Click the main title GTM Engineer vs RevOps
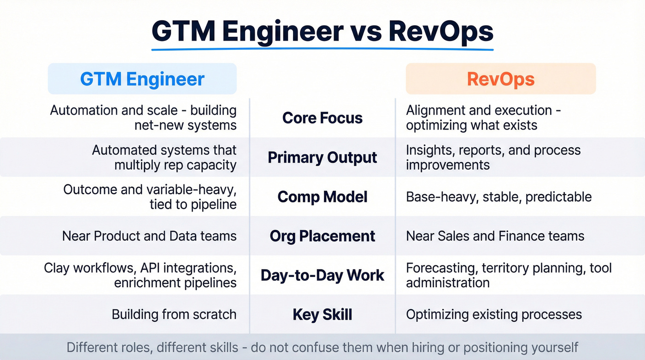(x=322, y=31)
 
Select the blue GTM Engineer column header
(x=142, y=79)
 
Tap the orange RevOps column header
(x=500, y=79)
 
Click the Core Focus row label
(x=322, y=118)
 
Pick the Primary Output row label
(x=322, y=158)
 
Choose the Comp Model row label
(x=322, y=197)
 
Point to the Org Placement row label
(x=322, y=236)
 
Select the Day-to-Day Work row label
(x=322, y=276)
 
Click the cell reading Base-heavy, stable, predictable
(x=498, y=197)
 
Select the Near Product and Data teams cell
(x=149, y=236)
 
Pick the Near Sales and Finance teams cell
(x=495, y=236)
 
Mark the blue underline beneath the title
(x=322, y=49)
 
